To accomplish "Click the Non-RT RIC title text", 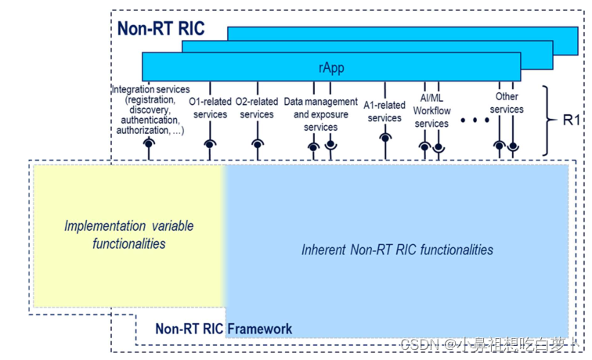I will click(161, 29).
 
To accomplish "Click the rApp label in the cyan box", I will click(330, 67).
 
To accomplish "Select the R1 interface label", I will click(572, 121).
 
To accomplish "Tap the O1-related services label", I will click(210, 108).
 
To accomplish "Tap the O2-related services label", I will click(257, 108).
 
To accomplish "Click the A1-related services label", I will click(384, 111).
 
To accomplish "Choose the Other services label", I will click(507, 103).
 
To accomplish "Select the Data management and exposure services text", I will click(320, 114).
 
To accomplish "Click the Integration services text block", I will click(147, 110).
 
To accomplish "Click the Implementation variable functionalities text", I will click(129, 235).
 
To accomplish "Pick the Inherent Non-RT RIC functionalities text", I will click(397, 250).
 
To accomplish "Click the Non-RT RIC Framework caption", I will click(223, 329).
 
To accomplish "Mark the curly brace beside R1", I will click(547, 121).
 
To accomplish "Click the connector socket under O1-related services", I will click(210, 143).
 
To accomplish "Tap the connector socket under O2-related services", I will click(257, 143).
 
